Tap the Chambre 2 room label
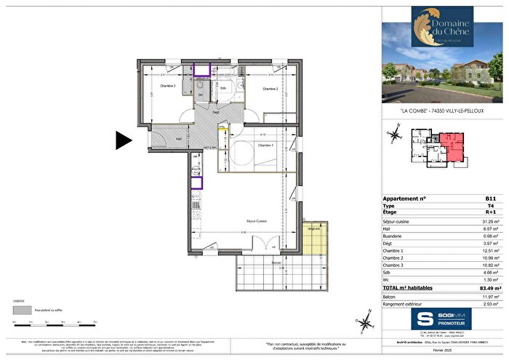coord(252,89)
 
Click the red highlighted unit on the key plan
coord(450,147)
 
